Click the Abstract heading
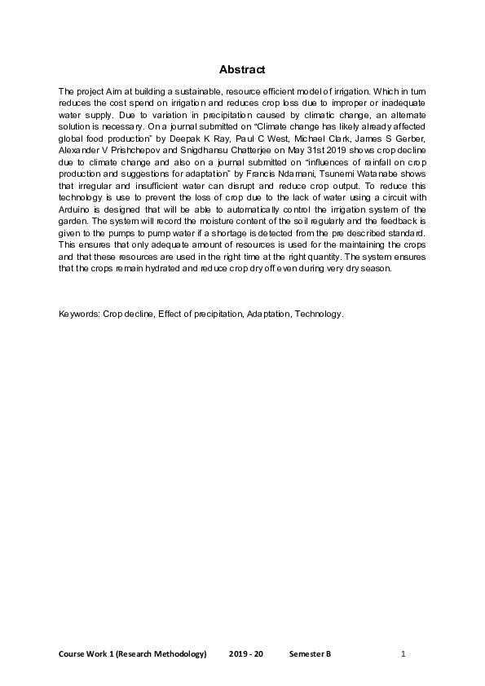click(x=242, y=70)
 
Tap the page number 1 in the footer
click(x=403, y=654)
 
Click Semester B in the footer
click(x=310, y=654)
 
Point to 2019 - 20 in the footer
click(x=246, y=654)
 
